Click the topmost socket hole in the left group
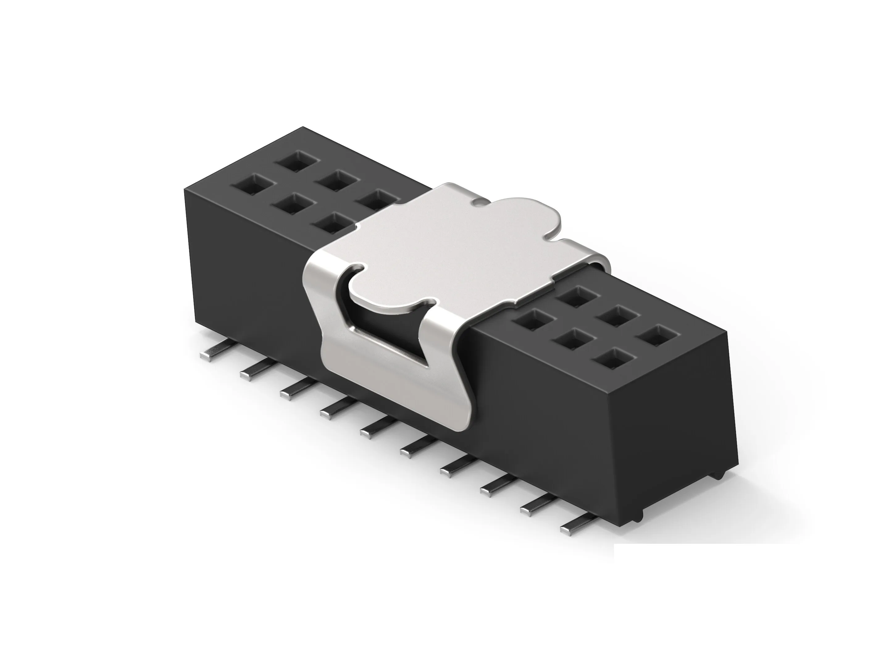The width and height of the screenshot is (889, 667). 298,161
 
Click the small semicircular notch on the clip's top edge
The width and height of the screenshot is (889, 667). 479,200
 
